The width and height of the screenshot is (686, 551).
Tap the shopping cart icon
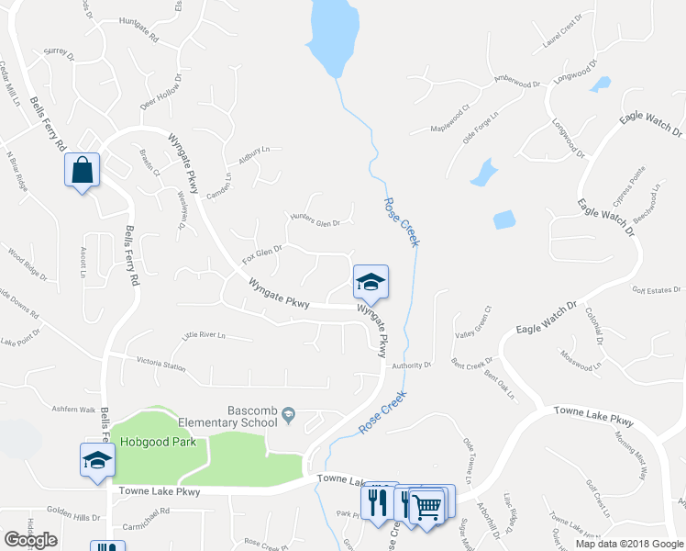426,504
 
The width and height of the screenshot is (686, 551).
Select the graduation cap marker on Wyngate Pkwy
371,282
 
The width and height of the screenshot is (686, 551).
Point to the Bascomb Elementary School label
253,416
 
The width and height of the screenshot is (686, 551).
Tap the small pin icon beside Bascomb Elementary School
289,415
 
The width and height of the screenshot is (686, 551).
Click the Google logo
31,539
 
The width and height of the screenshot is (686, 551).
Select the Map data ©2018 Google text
628,544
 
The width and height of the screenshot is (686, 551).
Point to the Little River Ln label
205,335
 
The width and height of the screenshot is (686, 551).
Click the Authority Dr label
411,365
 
